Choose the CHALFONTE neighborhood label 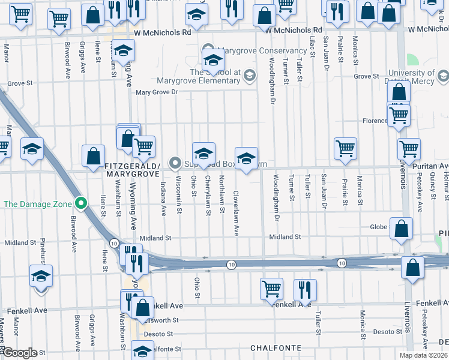(275, 348)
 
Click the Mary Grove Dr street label (157, 92)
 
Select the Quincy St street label (433, 184)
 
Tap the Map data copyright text (424, 355)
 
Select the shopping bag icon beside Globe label (401, 229)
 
